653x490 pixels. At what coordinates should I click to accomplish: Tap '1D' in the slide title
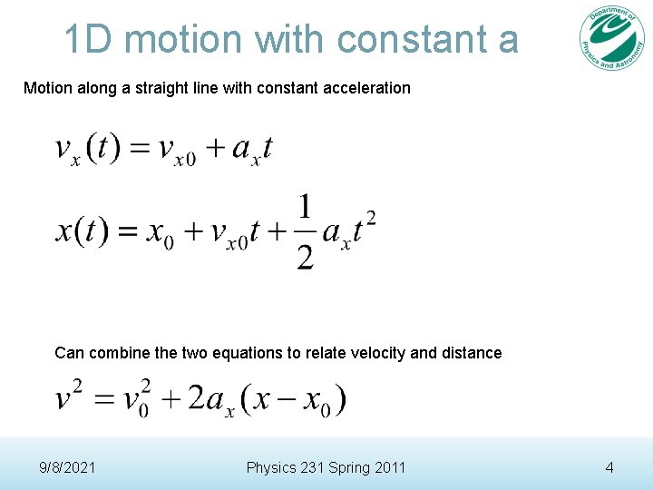pyautogui.click(x=89, y=39)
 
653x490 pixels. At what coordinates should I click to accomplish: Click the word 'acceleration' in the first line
pyautogui.click(x=367, y=88)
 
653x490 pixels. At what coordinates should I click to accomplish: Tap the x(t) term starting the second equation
pyautogui.click(x=81, y=230)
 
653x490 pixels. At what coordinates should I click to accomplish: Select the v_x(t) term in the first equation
pyautogui.click(x=87, y=149)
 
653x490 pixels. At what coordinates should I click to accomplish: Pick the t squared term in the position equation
pyautogui.click(x=364, y=227)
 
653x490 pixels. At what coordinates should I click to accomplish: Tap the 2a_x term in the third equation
pyautogui.click(x=209, y=398)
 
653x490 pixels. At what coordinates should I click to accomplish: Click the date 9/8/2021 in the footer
pyautogui.click(x=68, y=467)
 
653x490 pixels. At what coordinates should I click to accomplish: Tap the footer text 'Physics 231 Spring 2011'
pyautogui.click(x=326, y=467)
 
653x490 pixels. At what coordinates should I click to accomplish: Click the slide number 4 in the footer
pyautogui.click(x=609, y=467)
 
